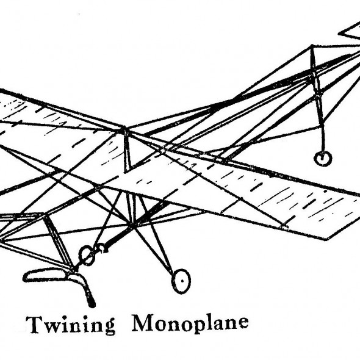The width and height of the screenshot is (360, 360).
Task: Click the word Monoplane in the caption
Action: pyautogui.click(x=190, y=323)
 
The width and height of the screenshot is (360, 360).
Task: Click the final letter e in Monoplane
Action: pyautogui.click(x=242, y=322)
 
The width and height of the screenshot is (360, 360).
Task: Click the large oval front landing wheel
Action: pyautogui.click(x=181, y=281)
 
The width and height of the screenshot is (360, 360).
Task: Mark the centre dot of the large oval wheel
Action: pyautogui.click(x=182, y=281)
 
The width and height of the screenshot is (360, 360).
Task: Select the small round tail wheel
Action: pyautogui.click(x=322, y=158)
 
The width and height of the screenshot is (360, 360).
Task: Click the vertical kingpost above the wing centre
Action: pyautogui.click(x=126, y=149)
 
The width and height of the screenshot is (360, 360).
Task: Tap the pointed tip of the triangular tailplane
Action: pyautogui.click(x=339, y=34)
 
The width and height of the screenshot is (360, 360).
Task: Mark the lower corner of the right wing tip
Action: pyautogui.click(x=326, y=240)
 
